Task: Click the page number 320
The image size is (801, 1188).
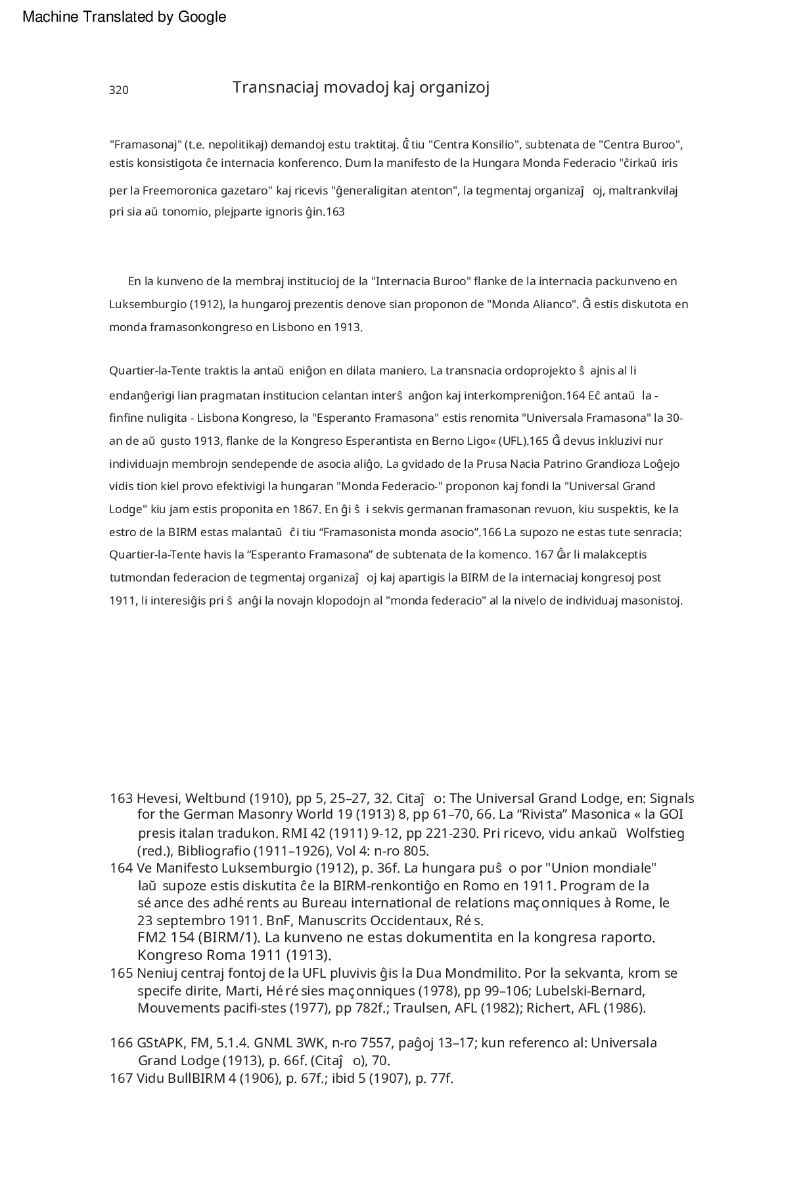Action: coord(119,91)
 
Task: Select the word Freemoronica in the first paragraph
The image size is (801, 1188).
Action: coord(179,191)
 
